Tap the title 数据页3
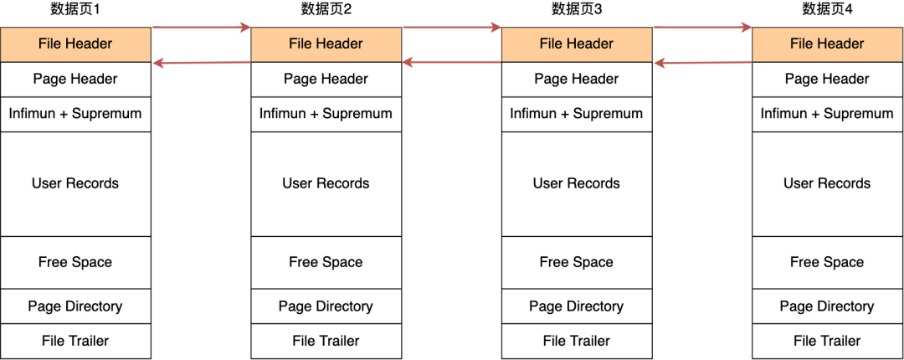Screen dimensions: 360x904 click(577, 9)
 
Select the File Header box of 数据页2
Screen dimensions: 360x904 click(326, 44)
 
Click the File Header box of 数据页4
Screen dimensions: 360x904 click(827, 44)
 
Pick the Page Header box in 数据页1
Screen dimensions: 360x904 click(75, 80)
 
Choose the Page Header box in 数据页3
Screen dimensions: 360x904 click(577, 80)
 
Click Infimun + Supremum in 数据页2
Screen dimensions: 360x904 click(326, 114)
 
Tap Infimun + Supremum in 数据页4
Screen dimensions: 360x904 click(827, 114)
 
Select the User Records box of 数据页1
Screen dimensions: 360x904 click(75, 184)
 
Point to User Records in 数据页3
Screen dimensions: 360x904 click(577, 184)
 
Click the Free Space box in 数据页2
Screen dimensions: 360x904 click(326, 263)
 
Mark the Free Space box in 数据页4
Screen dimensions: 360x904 click(827, 263)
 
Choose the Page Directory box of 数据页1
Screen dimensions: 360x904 click(75, 306)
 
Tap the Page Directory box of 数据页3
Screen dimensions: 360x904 click(577, 306)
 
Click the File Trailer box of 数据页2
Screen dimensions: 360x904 click(326, 342)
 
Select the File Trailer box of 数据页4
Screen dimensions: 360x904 click(827, 342)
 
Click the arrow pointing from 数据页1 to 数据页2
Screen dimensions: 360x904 click(201, 28)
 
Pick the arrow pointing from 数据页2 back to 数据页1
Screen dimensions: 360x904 click(201, 62)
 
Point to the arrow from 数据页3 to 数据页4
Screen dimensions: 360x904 click(702, 28)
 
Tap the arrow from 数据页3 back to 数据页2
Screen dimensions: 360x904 click(452, 62)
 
